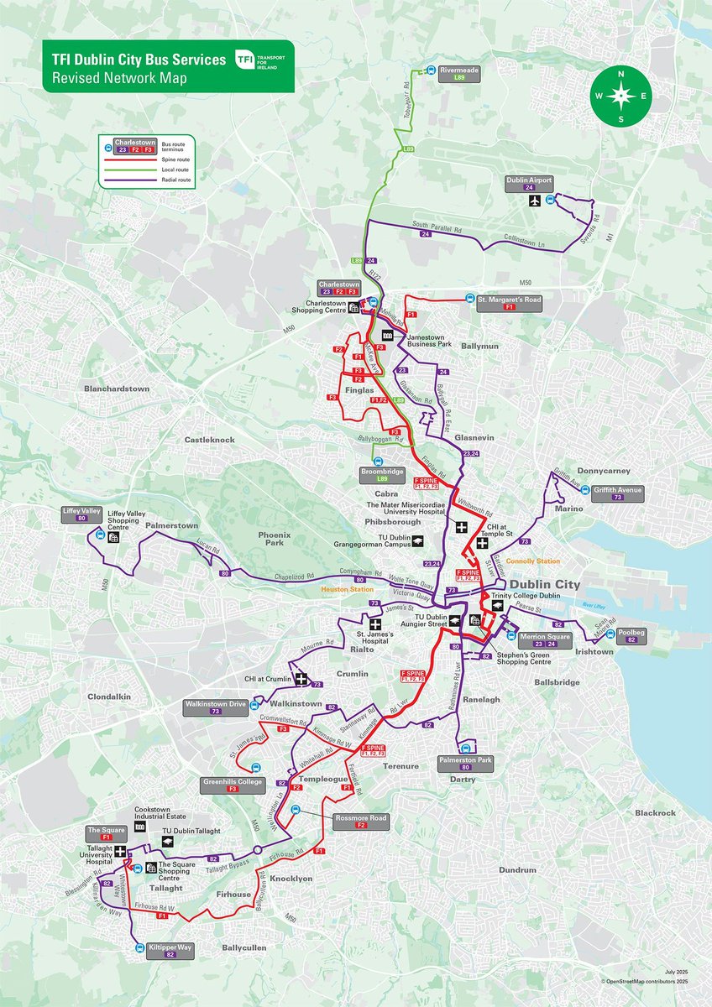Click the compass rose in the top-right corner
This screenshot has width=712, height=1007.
[621, 96]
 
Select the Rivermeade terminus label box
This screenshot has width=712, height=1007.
[458, 74]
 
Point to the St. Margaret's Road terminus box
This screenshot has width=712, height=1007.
[508, 302]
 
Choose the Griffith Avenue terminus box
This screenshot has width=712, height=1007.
[617, 493]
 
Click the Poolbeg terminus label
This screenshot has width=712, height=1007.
[630, 635]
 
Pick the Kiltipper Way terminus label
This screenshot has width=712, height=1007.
[170, 950]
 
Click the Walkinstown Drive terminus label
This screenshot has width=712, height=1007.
[216, 707]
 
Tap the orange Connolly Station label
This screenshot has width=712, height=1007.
[532, 561]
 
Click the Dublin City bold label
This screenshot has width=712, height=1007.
[545, 584]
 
